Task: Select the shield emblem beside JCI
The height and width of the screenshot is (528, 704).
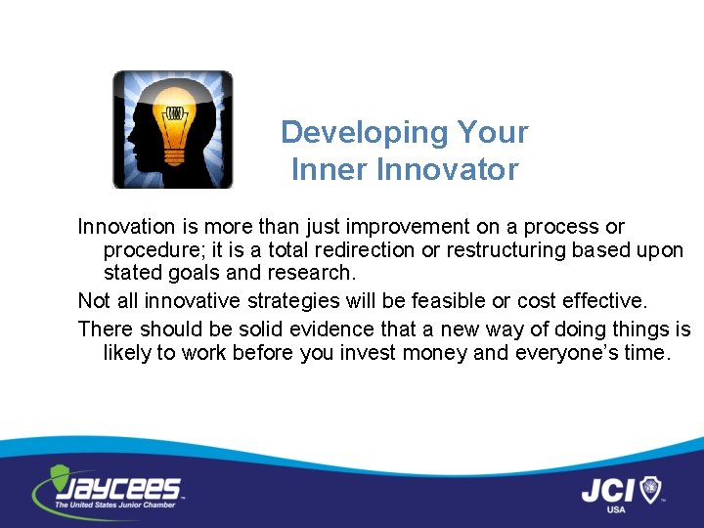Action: (650, 487)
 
